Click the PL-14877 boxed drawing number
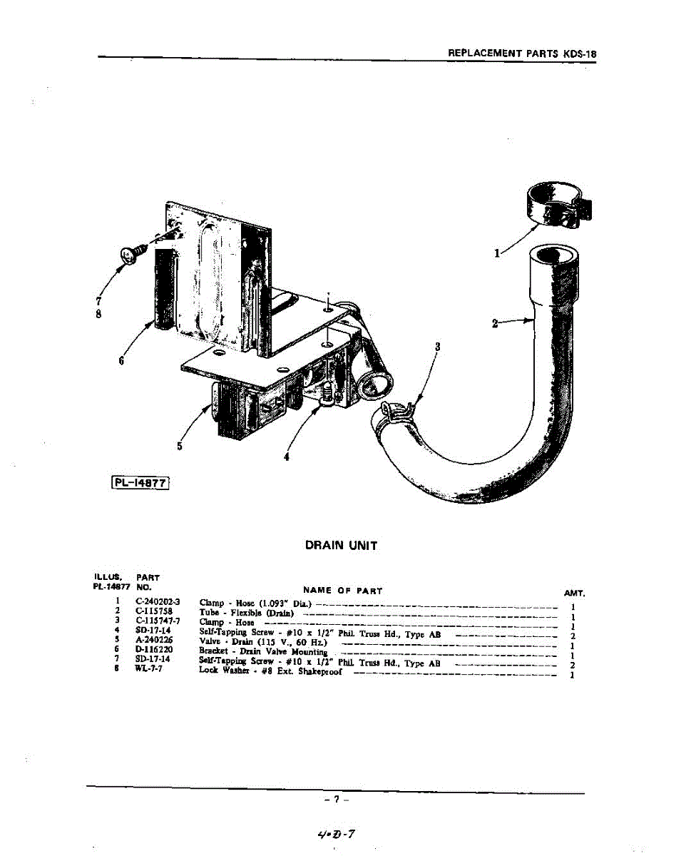coord(140,484)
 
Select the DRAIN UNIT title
coord(341,546)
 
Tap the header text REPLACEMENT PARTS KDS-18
coord(521,53)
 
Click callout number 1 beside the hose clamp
coord(497,252)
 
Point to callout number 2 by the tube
coord(496,323)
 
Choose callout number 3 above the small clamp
coord(438,347)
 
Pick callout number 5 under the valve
coord(180,447)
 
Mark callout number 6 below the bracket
coord(122,361)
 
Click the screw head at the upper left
coord(130,253)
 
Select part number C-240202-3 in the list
coord(158,603)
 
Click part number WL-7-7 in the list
coord(149,670)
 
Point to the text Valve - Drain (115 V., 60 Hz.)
coord(262,641)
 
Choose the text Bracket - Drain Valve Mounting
coord(263,651)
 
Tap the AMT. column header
coord(573,593)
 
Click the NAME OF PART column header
coord(342,591)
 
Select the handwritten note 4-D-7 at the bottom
coord(338,832)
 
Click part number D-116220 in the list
coord(155,650)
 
